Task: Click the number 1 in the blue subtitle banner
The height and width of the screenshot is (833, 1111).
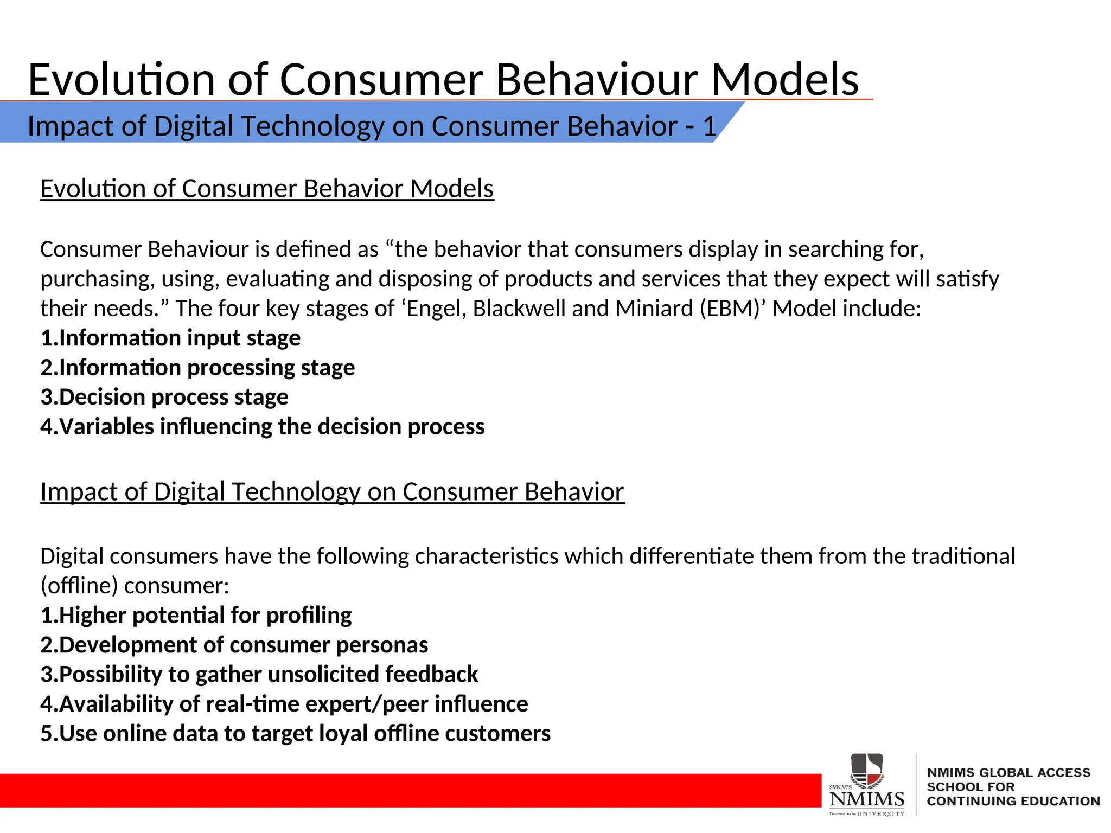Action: (709, 126)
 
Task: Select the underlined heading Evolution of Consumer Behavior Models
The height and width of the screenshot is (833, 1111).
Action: (267, 189)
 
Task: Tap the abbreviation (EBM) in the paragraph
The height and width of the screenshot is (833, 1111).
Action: (732, 309)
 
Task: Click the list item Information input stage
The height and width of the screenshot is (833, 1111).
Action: (170, 338)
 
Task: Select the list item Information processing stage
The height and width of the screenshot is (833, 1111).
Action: (197, 368)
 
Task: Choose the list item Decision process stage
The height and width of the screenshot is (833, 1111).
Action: (164, 397)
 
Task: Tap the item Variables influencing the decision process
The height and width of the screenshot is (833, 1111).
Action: (263, 427)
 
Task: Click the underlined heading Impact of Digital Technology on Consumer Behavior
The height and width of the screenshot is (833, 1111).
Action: (332, 492)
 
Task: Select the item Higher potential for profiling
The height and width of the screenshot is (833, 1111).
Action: (196, 616)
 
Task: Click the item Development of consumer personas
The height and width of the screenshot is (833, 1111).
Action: (234, 645)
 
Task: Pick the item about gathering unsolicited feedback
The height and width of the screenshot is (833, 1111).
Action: (259, 675)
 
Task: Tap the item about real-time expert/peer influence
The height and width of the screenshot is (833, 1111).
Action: (284, 704)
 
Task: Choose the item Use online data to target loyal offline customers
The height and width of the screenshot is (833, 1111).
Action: (296, 734)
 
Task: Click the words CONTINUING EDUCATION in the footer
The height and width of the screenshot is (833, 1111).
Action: (1013, 801)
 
